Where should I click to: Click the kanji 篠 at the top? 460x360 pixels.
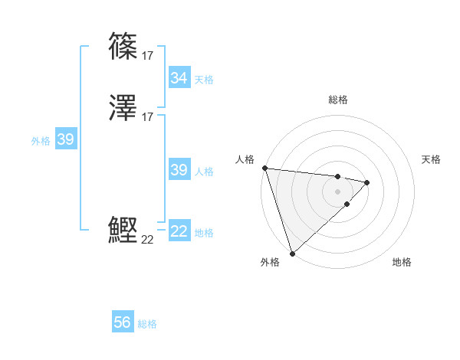(x=123, y=47)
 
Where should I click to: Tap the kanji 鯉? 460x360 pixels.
(x=123, y=230)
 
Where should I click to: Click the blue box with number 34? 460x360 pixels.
(x=179, y=78)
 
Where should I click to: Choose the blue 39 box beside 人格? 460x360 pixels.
(x=179, y=170)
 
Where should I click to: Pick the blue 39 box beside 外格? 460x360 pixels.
(x=65, y=139)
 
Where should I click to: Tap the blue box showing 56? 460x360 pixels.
(x=123, y=322)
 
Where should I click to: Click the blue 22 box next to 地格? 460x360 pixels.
(x=179, y=231)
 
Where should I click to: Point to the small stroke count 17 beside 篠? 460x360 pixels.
(x=148, y=55)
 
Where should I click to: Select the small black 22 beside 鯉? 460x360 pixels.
(x=148, y=239)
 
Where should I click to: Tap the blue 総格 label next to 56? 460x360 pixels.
(x=147, y=324)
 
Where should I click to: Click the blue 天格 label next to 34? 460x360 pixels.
(x=204, y=80)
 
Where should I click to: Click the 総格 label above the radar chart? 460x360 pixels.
(x=338, y=100)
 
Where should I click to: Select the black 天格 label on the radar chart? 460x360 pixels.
(x=432, y=159)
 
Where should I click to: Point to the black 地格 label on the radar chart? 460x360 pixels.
(x=402, y=262)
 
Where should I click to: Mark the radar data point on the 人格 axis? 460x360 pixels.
(x=264, y=168)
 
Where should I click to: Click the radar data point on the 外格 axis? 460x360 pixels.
(x=292, y=253)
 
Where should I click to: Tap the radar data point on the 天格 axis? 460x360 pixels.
(x=367, y=182)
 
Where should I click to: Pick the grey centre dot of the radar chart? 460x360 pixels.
(x=338, y=191)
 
